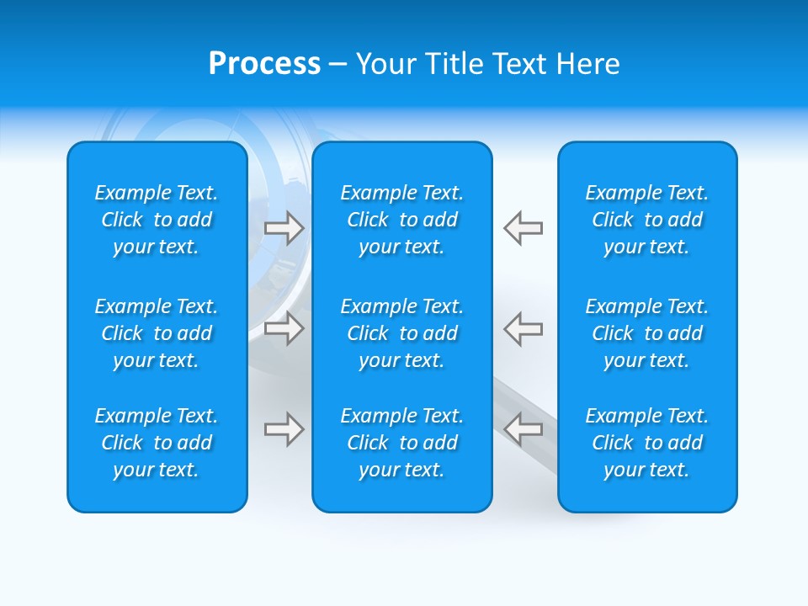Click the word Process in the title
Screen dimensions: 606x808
pyautogui.click(x=264, y=64)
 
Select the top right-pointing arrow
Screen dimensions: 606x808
pyautogui.click(x=284, y=228)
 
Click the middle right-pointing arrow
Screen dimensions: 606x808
pyautogui.click(x=284, y=328)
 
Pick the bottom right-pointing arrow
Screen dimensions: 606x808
pyautogui.click(x=284, y=429)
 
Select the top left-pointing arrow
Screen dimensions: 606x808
pyautogui.click(x=524, y=228)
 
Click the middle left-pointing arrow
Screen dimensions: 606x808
pyautogui.click(x=524, y=328)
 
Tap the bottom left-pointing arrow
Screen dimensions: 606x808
pyautogui.click(x=524, y=429)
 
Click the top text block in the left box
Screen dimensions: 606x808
pyautogui.click(x=157, y=220)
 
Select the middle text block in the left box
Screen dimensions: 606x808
pyautogui.click(x=157, y=333)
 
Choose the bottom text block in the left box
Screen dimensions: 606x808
pyautogui.click(x=157, y=443)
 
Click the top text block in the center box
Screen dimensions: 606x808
pyautogui.click(x=401, y=220)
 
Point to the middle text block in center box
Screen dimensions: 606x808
pyautogui.click(x=401, y=333)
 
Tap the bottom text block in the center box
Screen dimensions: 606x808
pyautogui.click(x=401, y=443)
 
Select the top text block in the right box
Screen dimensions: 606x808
pyautogui.click(x=646, y=220)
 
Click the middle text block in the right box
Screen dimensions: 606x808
pyautogui.click(x=646, y=333)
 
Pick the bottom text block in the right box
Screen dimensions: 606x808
pyautogui.click(x=646, y=443)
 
